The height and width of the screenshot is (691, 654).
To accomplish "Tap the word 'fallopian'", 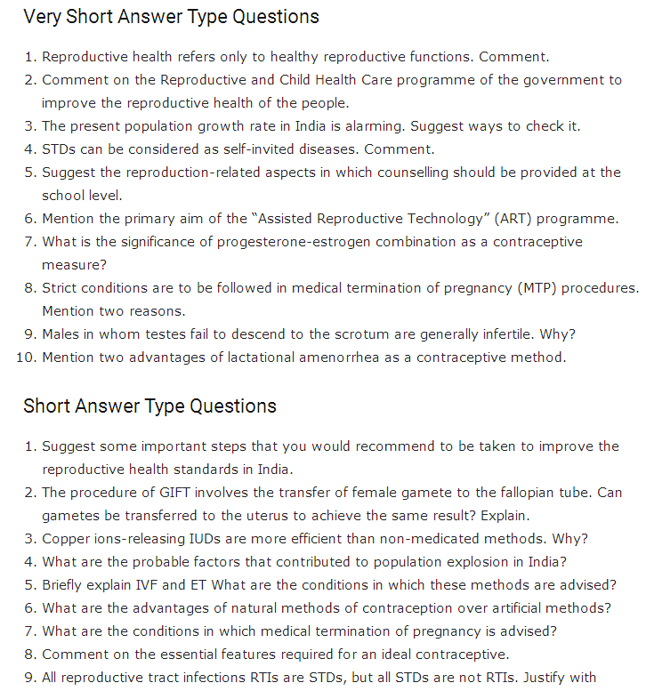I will coord(524,493).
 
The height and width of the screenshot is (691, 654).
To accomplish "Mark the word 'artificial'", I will coord(516,608).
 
